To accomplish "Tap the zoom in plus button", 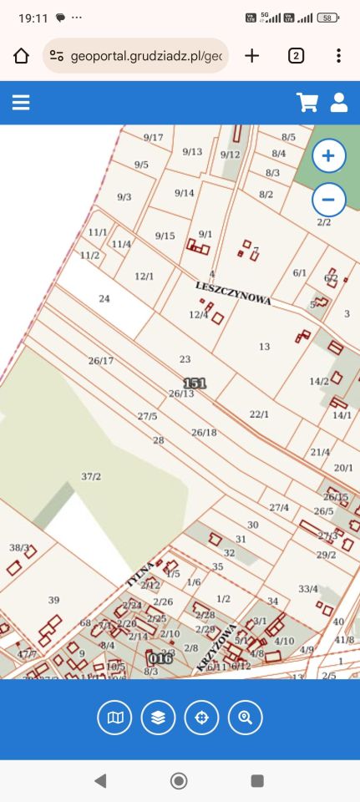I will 328,156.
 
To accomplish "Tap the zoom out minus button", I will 328,200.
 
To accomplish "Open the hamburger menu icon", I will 21,102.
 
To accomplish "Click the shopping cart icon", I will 307,102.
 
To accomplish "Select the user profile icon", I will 338,102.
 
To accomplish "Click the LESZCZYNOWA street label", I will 233,292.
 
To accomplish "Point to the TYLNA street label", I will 139,572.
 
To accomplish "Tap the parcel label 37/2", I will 91,476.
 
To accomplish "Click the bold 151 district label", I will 194,383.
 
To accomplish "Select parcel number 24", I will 104,298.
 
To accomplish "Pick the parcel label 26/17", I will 100,361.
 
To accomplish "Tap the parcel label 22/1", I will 260,414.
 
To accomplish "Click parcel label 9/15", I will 165,236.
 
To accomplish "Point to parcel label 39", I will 53,600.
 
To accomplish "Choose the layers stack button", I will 158,717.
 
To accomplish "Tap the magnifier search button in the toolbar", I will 245,717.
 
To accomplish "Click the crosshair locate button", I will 201,717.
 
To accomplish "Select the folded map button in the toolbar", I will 114,717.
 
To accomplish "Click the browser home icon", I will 21,56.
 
